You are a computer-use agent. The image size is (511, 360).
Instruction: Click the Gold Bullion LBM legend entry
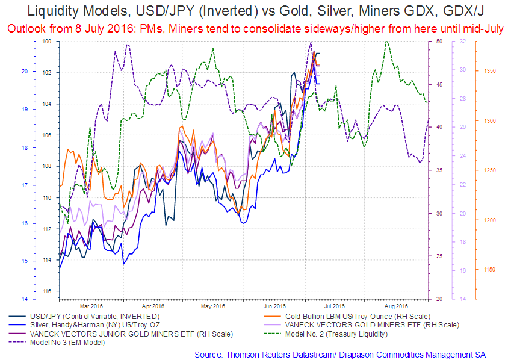tap(344, 315)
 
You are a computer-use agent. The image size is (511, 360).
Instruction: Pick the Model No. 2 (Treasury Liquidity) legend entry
tap(336, 334)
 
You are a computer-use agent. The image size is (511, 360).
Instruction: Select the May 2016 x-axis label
tap(213, 305)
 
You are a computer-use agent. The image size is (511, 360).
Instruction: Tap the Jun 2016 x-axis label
tap(275, 305)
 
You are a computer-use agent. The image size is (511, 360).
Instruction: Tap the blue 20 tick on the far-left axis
tap(25, 71)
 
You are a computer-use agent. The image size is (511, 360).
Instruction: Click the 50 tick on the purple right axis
tap(439, 41)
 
